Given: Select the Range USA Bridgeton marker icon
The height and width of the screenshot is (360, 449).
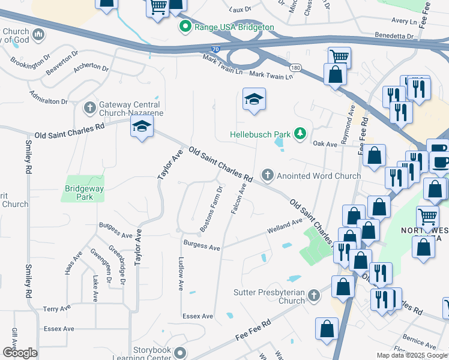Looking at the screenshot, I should click(x=185, y=27).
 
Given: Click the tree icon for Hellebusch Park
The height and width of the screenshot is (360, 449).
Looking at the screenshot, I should click(x=299, y=134).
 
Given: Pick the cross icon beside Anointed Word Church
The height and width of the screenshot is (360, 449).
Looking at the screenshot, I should click(x=268, y=176).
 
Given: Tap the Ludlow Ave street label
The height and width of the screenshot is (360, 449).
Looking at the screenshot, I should click(x=181, y=274).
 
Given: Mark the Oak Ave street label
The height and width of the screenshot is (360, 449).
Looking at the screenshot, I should click(x=325, y=143).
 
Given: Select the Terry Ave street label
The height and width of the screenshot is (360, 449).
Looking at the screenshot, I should click(x=56, y=308).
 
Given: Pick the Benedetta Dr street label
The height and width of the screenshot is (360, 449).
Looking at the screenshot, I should click(x=394, y=36).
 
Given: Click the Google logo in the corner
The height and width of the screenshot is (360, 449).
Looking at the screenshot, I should click(x=20, y=353).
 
